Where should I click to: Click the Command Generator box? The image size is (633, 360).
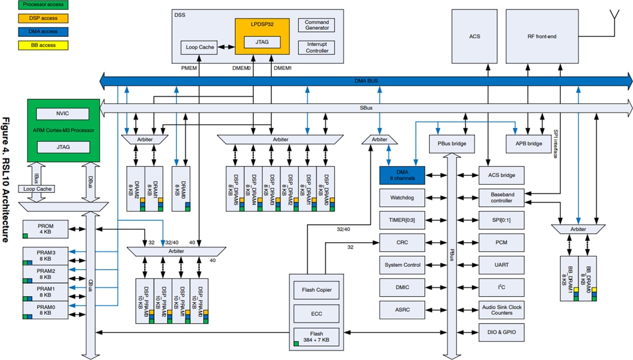click(317, 25)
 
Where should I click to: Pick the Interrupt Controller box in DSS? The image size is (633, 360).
click(317, 47)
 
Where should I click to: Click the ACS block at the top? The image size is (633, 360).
click(475, 36)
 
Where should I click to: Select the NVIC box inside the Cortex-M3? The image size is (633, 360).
click(63, 114)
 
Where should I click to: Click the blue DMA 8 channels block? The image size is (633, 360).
click(402, 175)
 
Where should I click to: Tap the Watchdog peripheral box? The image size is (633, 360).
click(402, 198)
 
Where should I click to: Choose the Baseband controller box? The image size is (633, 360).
click(501, 197)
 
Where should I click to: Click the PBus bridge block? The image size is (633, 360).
click(452, 143)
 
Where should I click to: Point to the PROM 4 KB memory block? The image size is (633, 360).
click(45, 229)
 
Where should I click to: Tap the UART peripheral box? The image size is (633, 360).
click(501, 265)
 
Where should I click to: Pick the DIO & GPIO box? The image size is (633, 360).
click(501, 332)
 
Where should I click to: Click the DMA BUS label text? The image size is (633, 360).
click(367, 80)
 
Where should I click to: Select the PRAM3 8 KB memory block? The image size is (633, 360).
click(45, 254)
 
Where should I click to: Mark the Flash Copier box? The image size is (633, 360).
click(316, 290)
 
